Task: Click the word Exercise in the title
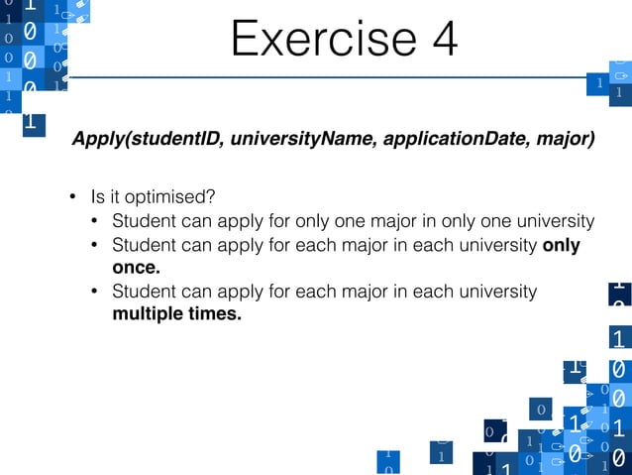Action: (x=310, y=39)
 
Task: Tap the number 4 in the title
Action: (x=440, y=39)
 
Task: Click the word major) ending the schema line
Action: (x=568, y=140)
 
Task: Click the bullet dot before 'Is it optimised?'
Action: (x=72, y=195)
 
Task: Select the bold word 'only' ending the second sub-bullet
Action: (x=562, y=244)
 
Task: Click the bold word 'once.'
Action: (x=137, y=268)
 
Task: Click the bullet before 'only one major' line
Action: (x=95, y=220)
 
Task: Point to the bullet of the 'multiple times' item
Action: (x=95, y=293)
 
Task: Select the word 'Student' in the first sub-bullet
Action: (x=143, y=220)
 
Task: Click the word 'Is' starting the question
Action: (x=97, y=194)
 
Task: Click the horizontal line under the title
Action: (x=327, y=77)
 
